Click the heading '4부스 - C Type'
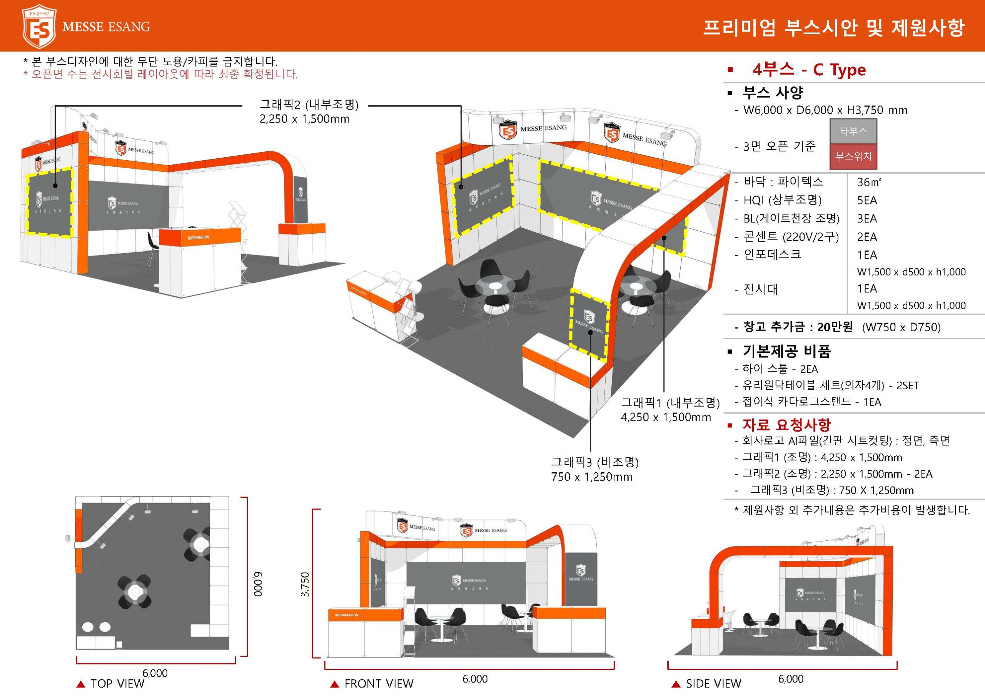(x=809, y=70)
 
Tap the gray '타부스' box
(x=853, y=131)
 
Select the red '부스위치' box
(x=853, y=156)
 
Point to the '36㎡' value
(x=869, y=182)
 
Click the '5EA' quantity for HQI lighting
(x=867, y=200)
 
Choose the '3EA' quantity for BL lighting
(x=867, y=219)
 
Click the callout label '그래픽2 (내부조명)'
(x=309, y=105)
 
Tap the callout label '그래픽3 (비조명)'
(x=594, y=462)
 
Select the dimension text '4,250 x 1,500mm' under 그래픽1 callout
(x=665, y=417)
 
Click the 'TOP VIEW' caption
(x=117, y=683)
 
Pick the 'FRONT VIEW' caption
(x=379, y=683)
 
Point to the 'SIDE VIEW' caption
(x=713, y=683)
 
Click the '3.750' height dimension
(x=305, y=584)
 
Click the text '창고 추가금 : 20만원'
(x=798, y=327)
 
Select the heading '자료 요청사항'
(x=787, y=425)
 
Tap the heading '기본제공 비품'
(x=787, y=351)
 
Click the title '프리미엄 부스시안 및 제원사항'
(x=833, y=27)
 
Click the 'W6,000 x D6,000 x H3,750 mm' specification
(x=825, y=110)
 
